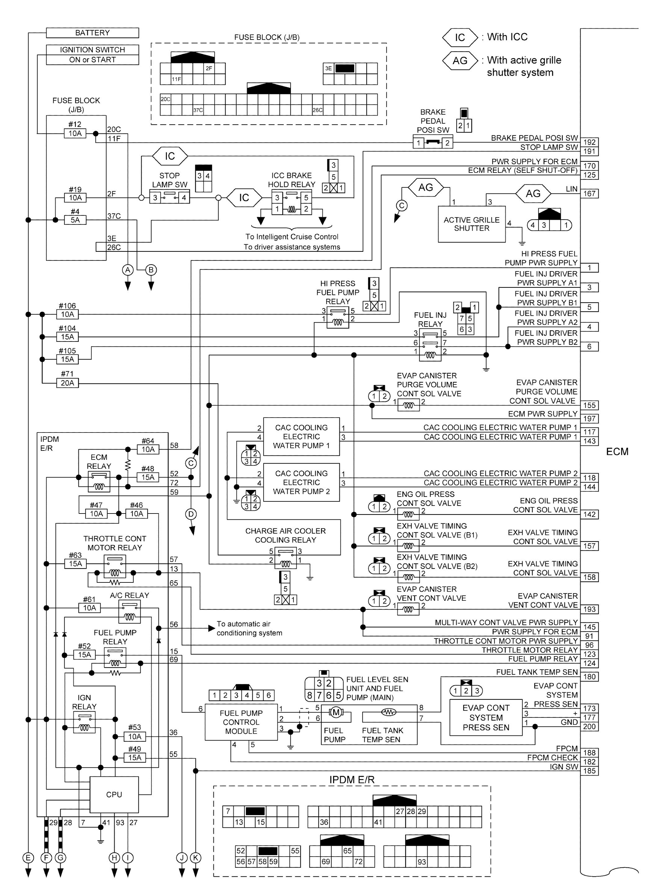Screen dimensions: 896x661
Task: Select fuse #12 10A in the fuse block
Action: [x=75, y=133]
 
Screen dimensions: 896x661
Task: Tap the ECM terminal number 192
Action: [x=589, y=142]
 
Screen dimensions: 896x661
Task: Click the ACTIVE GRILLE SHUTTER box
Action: [x=471, y=224]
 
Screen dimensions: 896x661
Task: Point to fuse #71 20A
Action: [x=67, y=383]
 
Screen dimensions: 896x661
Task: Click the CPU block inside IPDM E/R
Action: [x=114, y=794]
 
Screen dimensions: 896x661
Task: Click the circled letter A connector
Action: [x=128, y=270]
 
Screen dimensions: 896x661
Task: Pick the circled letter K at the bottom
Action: [x=196, y=858]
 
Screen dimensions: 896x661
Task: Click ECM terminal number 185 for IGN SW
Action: [x=589, y=771]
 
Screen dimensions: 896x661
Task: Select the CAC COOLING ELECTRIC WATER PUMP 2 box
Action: [x=301, y=482]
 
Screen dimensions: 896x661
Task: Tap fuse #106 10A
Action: [x=67, y=315]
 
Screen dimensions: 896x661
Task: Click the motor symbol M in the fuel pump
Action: [x=336, y=712]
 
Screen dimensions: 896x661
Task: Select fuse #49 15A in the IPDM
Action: [x=135, y=758]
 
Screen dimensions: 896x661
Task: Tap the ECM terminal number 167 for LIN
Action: [x=589, y=194]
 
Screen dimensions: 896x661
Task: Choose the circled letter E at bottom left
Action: [x=28, y=858]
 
